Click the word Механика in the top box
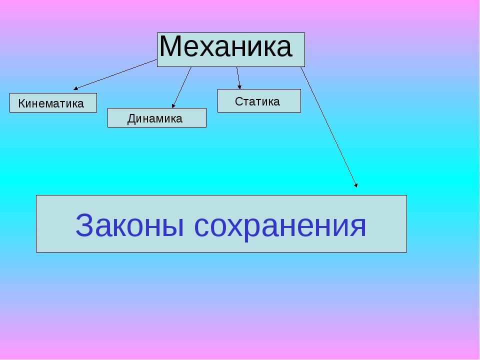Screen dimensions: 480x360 (225, 46)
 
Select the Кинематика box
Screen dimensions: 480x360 (53, 103)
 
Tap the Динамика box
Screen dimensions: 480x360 (156, 118)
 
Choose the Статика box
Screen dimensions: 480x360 (259, 100)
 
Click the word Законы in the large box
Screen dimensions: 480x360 (130, 225)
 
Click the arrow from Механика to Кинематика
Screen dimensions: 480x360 (115, 74)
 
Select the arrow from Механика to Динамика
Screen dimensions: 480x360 (182, 87)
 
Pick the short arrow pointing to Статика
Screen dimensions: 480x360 (238, 78)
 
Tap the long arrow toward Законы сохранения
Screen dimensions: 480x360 (329, 127)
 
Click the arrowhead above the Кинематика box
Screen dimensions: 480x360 (75, 88)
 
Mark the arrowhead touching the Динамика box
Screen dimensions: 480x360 (173, 106)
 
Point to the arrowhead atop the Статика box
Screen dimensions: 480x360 (239, 87)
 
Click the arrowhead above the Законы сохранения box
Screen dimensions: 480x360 (356, 185)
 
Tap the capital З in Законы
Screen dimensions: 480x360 (83, 225)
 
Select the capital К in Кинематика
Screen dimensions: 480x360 (21, 103)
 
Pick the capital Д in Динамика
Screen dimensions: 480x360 (131, 119)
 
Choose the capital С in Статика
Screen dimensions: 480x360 (238, 101)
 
